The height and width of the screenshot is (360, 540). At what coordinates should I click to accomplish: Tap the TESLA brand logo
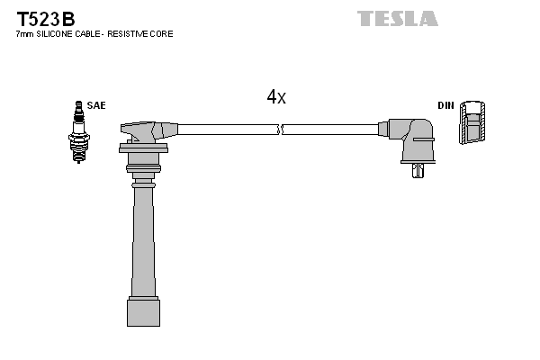pos(397,18)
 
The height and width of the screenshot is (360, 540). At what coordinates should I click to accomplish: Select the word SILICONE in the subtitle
pos(59,34)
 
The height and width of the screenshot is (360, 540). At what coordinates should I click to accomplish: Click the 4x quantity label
pos(275,97)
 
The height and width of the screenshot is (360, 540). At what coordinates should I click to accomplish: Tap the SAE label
pos(97,105)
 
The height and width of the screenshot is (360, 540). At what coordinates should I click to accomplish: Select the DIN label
pos(445,105)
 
